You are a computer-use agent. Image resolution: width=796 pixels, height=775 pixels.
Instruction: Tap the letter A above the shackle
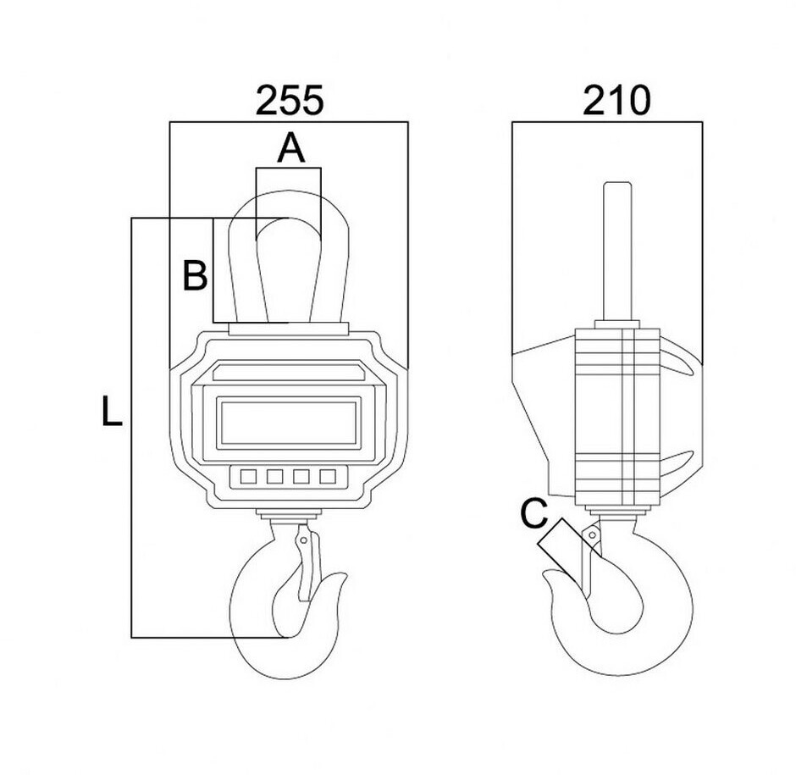[290, 149]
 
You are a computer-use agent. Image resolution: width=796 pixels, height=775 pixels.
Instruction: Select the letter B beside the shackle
[196, 276]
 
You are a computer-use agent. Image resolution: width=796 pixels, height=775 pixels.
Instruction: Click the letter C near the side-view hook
[533, 514]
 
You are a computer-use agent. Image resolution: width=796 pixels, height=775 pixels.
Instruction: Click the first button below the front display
[248, 477]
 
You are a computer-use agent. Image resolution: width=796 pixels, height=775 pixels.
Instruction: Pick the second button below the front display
[274, 477]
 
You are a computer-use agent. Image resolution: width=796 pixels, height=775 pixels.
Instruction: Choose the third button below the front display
[301, 477]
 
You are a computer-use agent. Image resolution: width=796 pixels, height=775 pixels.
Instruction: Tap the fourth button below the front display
[327, 477]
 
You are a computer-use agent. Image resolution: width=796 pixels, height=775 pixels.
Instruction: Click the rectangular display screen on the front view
[288, 423]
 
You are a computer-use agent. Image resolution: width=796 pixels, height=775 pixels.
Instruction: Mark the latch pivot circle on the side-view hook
[592, 535]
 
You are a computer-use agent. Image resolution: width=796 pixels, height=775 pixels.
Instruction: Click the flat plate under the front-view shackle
[288, 329]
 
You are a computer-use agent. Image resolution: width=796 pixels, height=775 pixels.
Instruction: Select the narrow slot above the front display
[288, 372]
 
